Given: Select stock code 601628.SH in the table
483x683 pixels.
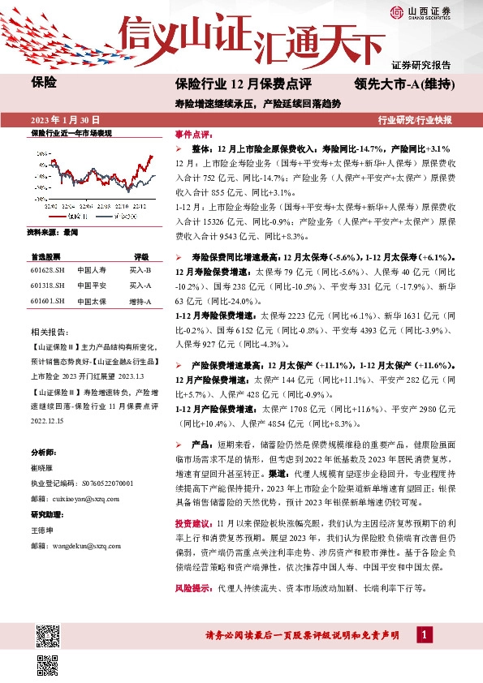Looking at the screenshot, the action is pyautogui.click(x=47, y=269).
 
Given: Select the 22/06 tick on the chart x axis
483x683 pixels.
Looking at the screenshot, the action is pyautogui.click(x=81, y=208).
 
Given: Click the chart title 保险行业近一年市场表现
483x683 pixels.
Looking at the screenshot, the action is pyautogui.click(x=71, y=132).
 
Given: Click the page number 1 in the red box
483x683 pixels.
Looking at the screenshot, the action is pyautogui.click(x=425, y=634).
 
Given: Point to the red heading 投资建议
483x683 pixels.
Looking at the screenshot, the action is pyautogui.click(x=193, y=501).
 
